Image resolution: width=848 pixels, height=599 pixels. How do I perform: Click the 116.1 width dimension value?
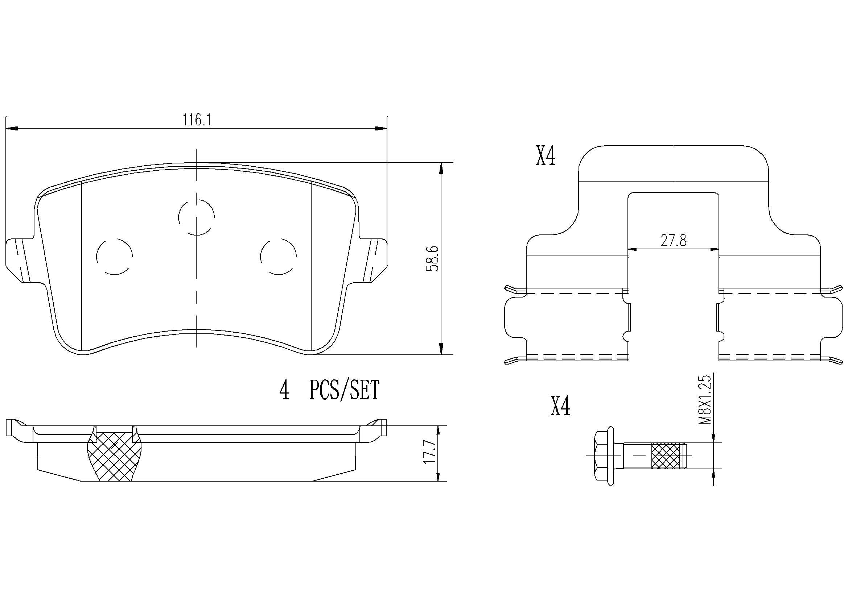[197, 120]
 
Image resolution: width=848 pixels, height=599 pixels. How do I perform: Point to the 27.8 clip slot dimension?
[673, 241]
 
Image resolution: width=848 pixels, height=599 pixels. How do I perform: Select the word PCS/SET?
[344, 391]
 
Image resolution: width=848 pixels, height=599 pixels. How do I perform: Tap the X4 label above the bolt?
[560, 406]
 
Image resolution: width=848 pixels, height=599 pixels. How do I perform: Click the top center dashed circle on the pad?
[196, 217]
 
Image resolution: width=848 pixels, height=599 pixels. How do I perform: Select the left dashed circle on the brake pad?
[114, 256]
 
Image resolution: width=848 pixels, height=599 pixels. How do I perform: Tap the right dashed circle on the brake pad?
[278, 256]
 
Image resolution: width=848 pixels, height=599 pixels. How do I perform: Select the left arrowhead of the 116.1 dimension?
[12, 128]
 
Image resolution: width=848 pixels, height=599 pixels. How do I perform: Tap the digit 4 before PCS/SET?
[284, 391]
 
